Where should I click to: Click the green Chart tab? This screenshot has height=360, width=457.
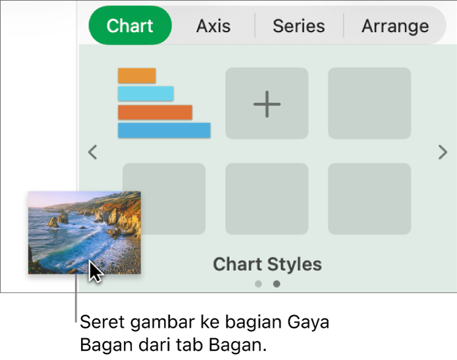point(130,26)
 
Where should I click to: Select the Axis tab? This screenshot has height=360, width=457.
point(213,26)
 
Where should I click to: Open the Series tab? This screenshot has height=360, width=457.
point(299,26)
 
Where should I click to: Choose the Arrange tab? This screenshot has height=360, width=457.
point(395,26)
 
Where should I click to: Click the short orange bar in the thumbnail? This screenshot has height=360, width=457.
point(137,76)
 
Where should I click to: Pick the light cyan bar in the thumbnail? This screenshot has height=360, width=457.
point(146,93)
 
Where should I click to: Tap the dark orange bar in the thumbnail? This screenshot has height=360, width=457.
point(155,112)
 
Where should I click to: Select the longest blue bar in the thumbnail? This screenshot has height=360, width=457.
point(164,130)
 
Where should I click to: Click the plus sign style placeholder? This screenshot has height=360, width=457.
point(267,103)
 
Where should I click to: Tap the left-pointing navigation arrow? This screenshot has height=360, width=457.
point(93,152)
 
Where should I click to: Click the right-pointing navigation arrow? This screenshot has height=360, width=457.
point(443,152)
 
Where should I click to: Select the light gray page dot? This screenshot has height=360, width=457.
point(258,284)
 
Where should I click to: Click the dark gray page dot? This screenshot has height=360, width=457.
point(277,284)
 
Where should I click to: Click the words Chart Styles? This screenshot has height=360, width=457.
point(267,264)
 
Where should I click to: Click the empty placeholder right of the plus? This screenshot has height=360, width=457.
point(369,103)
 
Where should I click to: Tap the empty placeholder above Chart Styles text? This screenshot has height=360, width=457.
point(267,199)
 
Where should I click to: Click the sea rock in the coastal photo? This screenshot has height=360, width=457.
point(58,220)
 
